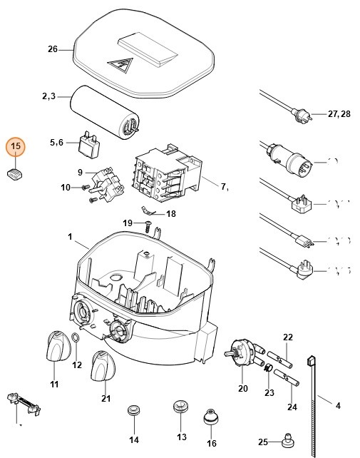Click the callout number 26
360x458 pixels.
(52, 49)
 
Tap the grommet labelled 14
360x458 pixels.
(132, 412)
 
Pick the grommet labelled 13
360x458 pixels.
(180, 411)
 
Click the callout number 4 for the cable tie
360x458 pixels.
(338, 406)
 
